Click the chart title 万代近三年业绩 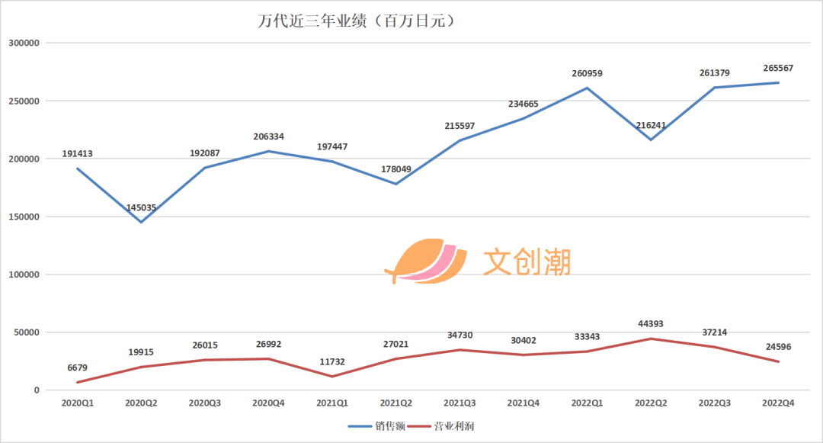(x=357, y=21)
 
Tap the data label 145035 (x=141, y=207)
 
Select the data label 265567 (x=778, y=68)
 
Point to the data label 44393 (x=650, y=324)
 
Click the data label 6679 (x=77, y=368)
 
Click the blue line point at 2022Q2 (x=651, y=140)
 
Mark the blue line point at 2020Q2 (x=141, y=222)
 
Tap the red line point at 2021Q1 (x=332, y=376)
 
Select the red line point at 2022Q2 (x=651, y=339)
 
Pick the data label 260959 (x=587, y=73)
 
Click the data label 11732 (x=332, y=361)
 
